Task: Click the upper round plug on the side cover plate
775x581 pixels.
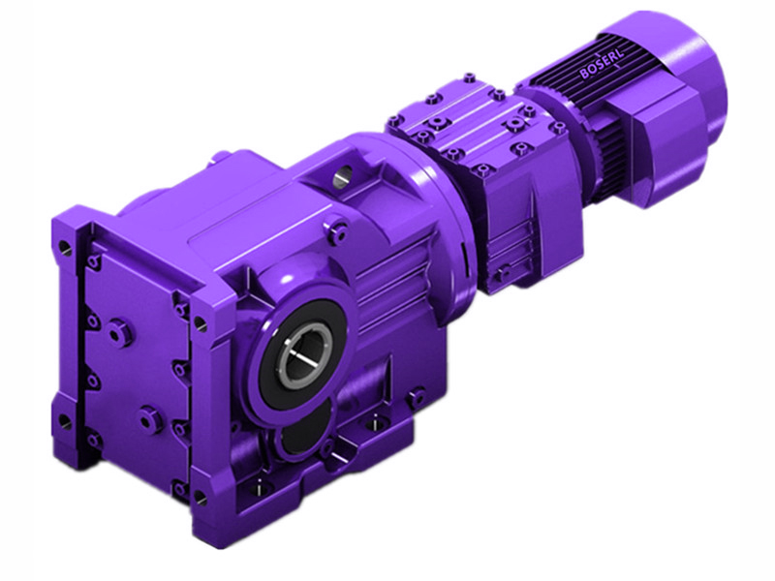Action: pyautogui.click(x=118, y=332)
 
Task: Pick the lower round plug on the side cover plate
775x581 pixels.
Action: pyautogui.click(x=147, y=418)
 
